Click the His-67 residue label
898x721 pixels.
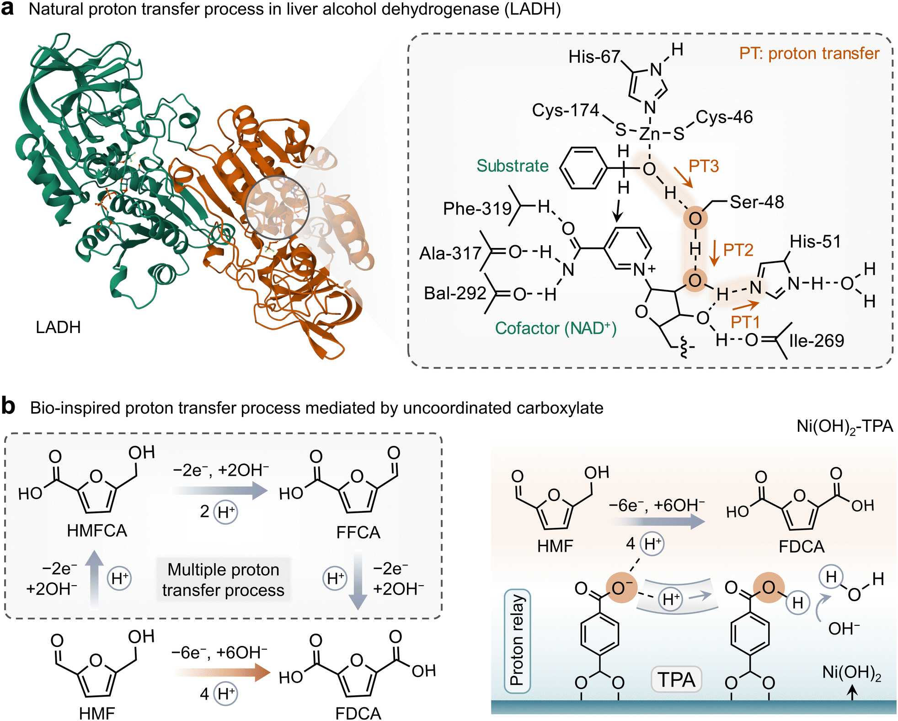[x=594, y=57]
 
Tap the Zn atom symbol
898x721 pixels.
[x=649, y=134]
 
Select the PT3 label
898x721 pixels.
[x=704, y=166]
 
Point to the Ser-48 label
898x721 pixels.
[x=757, y=202]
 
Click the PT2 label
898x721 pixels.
[x=738, y=250]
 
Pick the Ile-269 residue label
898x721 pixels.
[x=817, y=341]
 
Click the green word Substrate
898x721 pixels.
[x=512, y=166]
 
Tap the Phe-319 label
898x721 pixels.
[x=477, y=209]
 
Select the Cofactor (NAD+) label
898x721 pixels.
[x=556, y=328]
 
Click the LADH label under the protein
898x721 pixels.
[x=58, y=327]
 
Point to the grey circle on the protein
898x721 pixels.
[x=277, y=208]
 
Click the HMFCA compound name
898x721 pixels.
[x=97, y=531]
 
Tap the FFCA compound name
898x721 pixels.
[x=358, y=533]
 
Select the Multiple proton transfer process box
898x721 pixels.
[x=223, y=580]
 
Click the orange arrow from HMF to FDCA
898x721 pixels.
[x=222, y=673]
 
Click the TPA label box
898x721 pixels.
[x=676, y=679]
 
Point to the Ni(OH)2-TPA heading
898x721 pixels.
[x=845, y=426]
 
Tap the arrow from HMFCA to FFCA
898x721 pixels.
[x=221, y=491]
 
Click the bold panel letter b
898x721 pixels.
[x=8, y=406]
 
